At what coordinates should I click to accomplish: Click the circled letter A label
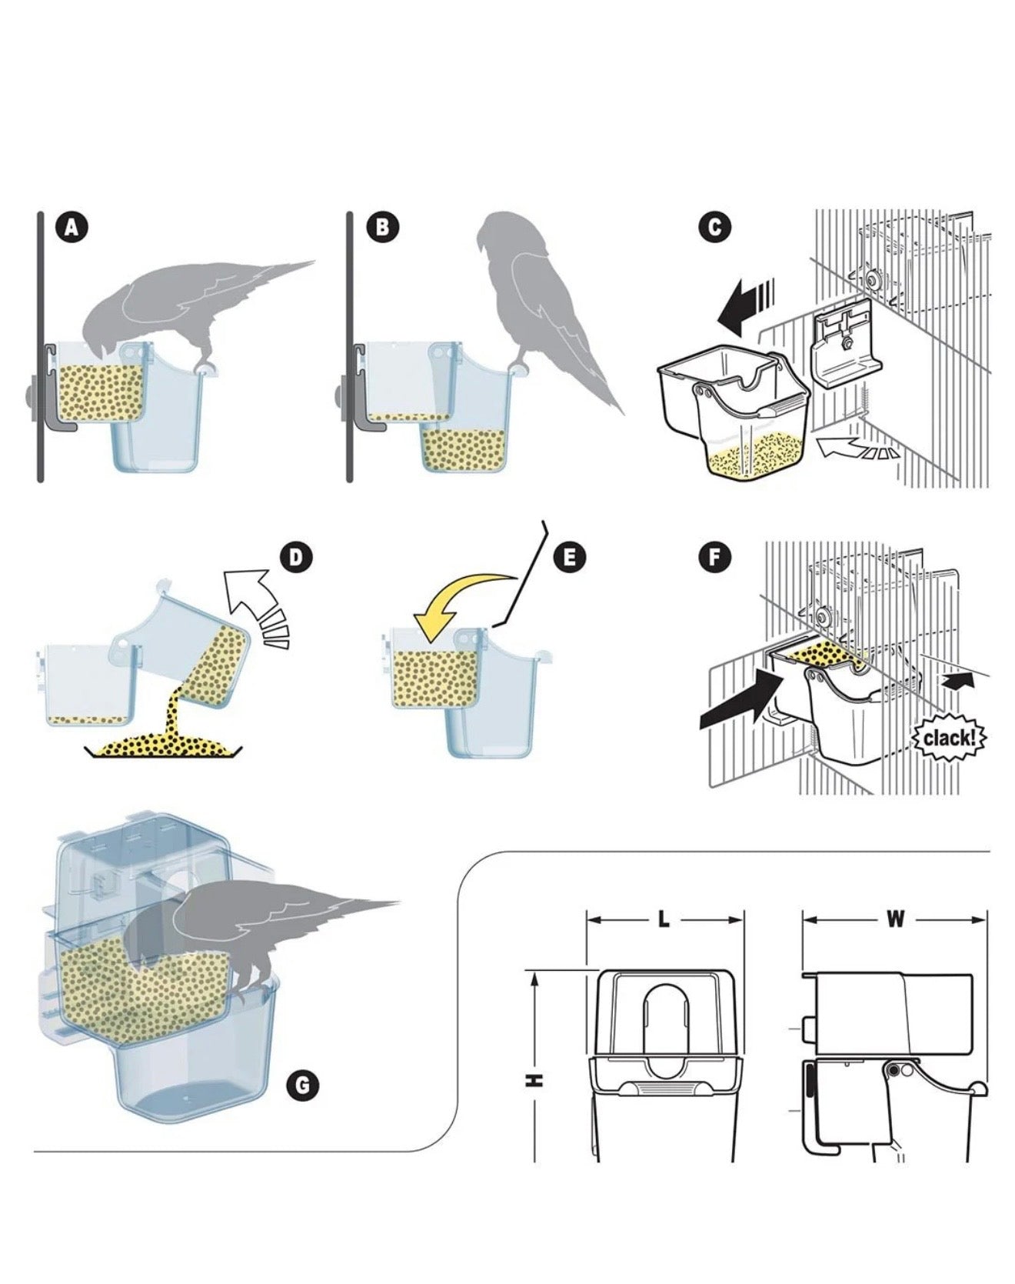click(72, 228)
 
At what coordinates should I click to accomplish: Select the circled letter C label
click(715, 228)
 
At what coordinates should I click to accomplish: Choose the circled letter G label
click(302, 1086)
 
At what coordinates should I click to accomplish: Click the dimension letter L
click(664, 919)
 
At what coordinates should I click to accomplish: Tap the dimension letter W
click(895, 919)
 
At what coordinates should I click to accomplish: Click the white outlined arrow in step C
click(854, 449)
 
